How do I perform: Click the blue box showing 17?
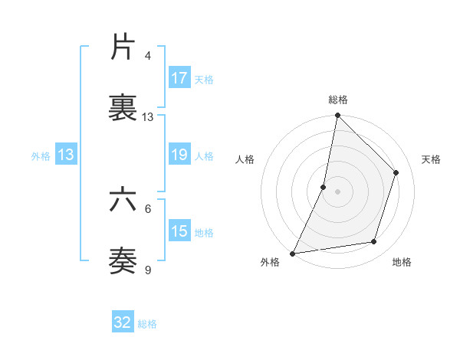point(179,78)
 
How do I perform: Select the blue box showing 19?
point(179,155)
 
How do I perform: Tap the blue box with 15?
point(179,231)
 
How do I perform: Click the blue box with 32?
point(123,322)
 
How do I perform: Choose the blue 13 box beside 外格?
point(66,155)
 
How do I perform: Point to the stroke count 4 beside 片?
point(148,56)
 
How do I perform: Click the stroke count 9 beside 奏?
point(148,270)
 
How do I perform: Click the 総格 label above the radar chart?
point(338,100)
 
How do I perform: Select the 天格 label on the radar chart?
point(432,159)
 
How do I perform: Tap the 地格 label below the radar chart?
point(402,262)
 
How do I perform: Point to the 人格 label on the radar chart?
point(245,159)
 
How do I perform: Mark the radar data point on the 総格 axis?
point(337,116)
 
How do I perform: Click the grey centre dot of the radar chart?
point(337,191)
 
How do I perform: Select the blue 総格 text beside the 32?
point(147,324)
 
